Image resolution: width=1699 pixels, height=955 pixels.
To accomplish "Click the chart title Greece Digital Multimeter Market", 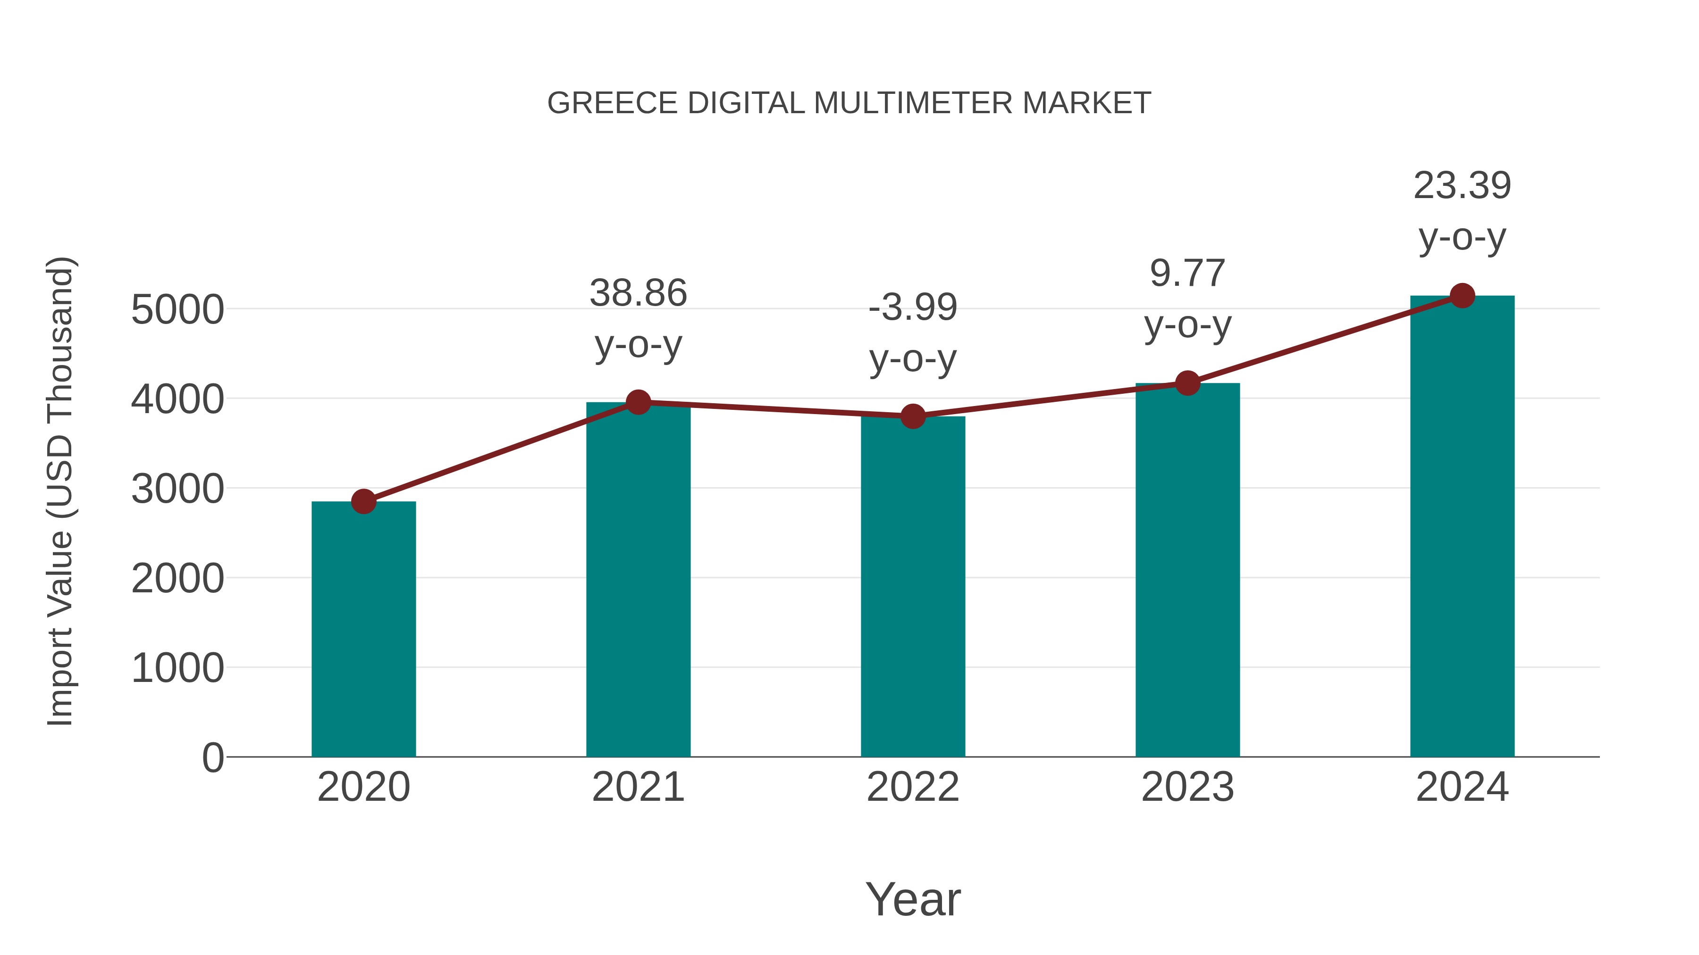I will click(849, 103).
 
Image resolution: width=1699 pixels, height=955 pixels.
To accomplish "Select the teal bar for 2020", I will click(363, 630).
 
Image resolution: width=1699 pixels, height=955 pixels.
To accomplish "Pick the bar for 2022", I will click(913, 587).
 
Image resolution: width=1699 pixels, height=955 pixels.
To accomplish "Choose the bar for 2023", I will click(1187, 570).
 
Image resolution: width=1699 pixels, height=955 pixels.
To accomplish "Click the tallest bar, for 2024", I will click(1462, 527).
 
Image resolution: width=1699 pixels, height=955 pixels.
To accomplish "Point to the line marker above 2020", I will click(363, 502).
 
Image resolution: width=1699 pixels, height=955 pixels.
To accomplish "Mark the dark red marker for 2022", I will click(913, 416).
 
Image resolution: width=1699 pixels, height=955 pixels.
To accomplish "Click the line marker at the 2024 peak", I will click(1462, 296).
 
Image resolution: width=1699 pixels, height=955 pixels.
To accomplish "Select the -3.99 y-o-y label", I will click(913, 333).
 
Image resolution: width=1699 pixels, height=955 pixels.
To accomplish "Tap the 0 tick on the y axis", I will click(213, 758).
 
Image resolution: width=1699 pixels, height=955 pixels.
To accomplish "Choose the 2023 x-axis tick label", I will click(1187, 787).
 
